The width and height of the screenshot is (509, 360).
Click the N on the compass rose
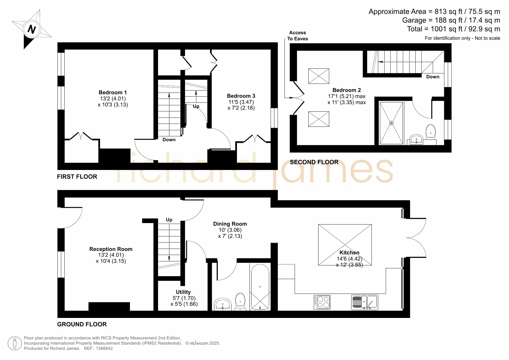pyautogui.click(x=32, y=29)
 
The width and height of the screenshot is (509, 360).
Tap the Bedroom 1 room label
pyautogui.click(x=113, y=93)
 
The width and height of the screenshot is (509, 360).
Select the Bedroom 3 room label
pyautogui.click(x=241, y=96)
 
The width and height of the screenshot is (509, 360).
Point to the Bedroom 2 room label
pyautogui.click(x=347, y=90)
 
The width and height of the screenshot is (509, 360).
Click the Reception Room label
pyautogui.click(x=111, y=249)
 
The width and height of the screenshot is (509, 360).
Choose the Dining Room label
pyautogui.click(x=230, y=224)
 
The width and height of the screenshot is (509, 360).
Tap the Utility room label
pyautogui.click(x=183, y=292)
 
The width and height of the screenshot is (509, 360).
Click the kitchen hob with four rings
pyautogui.click(x=322, y=302)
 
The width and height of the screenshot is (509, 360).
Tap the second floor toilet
pyautogui.click(x=431, y=133)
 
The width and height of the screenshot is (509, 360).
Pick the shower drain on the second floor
pyautogui.click(x=391, y=123)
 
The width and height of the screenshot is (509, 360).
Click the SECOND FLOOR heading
pyautogui.click(x=314, y=162)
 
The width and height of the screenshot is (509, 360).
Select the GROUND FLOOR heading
pyautogui.click(x=82, y=324)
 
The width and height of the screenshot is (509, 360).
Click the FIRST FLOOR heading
pyautogui.click(x=77, y=177)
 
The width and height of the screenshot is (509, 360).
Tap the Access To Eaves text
pyautogui.click(x=298, y=36)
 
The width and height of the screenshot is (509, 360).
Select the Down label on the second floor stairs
pyautogui.click(x=433, y=77)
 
